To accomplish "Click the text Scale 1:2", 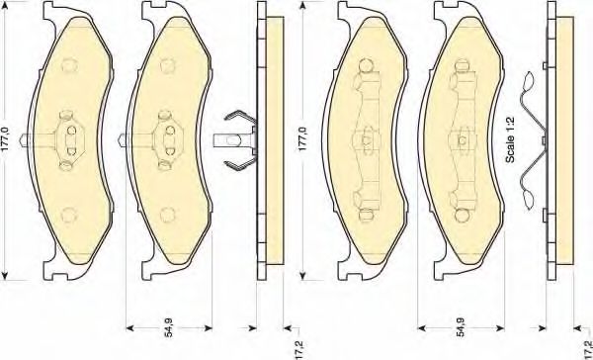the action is click(x=510, y=139).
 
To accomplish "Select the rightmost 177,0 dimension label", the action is click(x=303, y=139).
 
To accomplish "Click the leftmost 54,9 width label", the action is click(x=169, y=327).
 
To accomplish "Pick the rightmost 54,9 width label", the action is click(x=461, y=327).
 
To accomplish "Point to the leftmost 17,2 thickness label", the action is click(x=298, y=349).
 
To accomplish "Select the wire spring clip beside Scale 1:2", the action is click(x=534, y=140).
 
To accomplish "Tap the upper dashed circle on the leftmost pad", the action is click(x=70, y=65).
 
